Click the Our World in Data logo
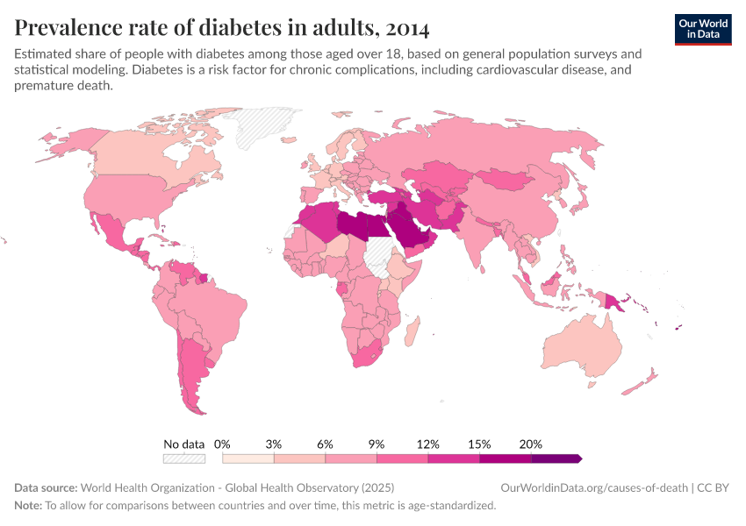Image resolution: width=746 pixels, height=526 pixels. coord(702,28)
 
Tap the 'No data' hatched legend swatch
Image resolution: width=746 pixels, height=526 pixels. coord(183,458)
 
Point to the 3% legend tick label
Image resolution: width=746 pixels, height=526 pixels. coord(274,444)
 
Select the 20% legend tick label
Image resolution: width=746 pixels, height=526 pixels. coord(531,444)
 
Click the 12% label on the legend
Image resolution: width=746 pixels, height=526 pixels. coord(427,444)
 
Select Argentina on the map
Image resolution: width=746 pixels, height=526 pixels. coord(191,368)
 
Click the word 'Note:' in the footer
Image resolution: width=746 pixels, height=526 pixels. coord(28,506)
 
